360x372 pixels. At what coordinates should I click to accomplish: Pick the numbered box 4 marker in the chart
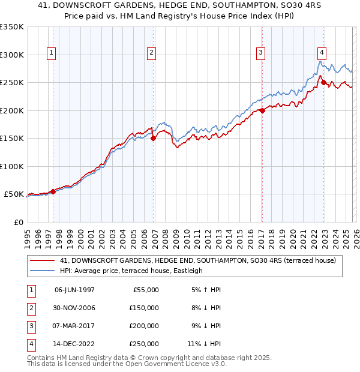[x=322, y=52]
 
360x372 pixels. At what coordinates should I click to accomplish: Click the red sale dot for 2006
[x=153, y=138]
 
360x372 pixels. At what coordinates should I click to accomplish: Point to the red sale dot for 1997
[x=53, y=191]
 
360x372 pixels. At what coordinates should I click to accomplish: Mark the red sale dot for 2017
[x=262, y=110]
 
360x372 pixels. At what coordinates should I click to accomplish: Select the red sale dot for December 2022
[x=323, y=83]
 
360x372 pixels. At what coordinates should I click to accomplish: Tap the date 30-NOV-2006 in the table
[x=74, y=308]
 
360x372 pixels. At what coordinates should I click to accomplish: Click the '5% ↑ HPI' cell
[x=205, y=290]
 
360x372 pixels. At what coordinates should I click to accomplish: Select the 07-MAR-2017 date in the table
[x=74, y=326]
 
